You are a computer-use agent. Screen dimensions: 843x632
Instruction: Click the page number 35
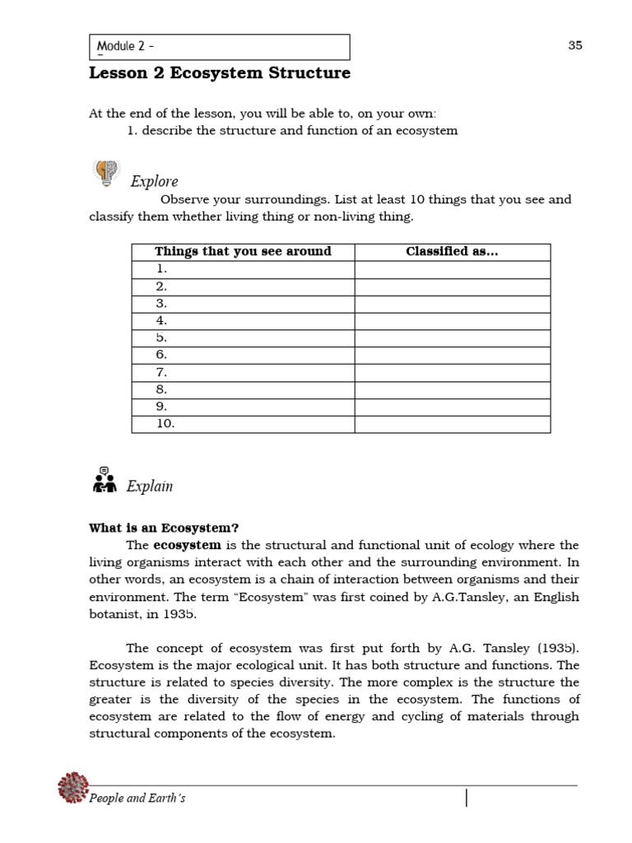coord(574,45)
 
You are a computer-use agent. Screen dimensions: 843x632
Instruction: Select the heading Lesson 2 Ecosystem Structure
coord(219,73)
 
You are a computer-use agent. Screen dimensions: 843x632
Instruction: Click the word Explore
coord(154,181)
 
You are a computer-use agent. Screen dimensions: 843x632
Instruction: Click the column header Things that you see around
coord(243,252)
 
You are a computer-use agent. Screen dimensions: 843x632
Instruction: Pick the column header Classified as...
coord(452,252)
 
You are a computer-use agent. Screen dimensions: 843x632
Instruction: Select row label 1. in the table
coord(161,269)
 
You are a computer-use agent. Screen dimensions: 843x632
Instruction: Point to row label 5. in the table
coord(161,338)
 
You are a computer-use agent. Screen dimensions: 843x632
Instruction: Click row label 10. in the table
coord(165,424)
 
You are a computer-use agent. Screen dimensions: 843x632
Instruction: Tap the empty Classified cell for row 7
coord(452,372)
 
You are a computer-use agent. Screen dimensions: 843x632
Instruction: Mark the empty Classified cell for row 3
coord(452,304)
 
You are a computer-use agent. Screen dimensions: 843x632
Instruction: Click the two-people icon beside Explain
coord(104,479)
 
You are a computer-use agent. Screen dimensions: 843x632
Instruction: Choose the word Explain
coord(150,487)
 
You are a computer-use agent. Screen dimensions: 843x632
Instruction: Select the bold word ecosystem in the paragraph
coord(187,545)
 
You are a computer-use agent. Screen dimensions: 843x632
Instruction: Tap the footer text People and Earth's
coord(137,799)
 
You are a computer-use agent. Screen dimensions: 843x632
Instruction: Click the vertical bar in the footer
coord(467,798)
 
